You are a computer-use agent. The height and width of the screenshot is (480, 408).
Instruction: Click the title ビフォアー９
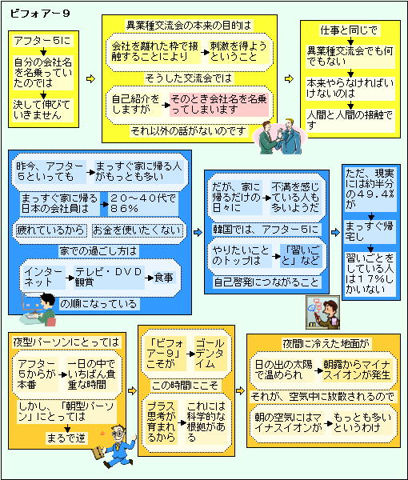(x=40, y=14)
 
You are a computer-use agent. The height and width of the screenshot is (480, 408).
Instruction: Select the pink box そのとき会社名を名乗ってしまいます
(x=219, y=104)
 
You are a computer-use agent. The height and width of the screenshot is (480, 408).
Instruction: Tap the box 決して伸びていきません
(x=42, y=110)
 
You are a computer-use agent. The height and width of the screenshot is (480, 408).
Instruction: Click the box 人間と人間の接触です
(x=350, y=120)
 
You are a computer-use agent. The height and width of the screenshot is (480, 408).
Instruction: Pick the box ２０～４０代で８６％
(x=143, y=203)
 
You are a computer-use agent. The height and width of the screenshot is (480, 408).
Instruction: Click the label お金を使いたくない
(x=138, y=230)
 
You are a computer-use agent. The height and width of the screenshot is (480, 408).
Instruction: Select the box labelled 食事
(x=164, y=278)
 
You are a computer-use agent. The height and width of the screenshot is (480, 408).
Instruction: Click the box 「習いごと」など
(x=301, y=256)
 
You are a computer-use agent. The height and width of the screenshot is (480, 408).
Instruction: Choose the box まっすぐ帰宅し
(x=370, y=232)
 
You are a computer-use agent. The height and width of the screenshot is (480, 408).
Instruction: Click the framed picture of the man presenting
(x=322, y=312)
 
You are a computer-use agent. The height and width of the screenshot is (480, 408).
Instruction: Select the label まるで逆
(x=66, y=438)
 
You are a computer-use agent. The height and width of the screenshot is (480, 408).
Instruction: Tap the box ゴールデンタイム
(x=210, y=354)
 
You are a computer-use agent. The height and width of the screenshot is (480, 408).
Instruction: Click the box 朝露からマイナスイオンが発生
(x=357, y=370)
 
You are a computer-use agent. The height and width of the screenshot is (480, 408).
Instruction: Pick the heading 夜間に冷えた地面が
(x=326, y=343)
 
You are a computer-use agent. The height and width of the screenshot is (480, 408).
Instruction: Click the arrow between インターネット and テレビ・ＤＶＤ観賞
(x=70, y=278)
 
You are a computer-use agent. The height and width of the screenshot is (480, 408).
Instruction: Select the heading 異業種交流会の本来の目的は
(x=189, y=26)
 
